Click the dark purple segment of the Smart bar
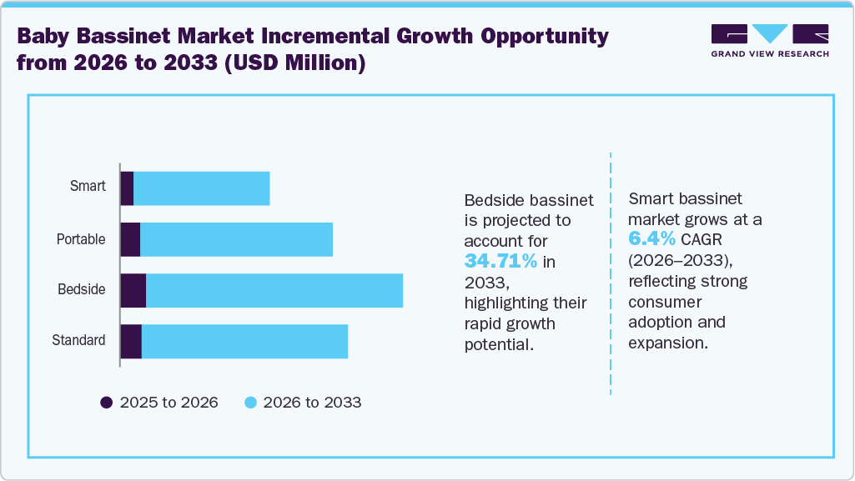click(x=127, y=188)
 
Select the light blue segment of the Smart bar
click(x=201, y=188)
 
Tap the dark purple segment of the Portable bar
click(x=130, y=239)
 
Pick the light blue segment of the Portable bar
click(x=236, y=239)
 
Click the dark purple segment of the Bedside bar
click(x=133, y=289)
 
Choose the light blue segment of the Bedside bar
click(x=274, y=289)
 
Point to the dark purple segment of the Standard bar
click(x=131, y=340)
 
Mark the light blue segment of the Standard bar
click(x=244, y=340)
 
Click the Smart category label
click(x=88, y=186)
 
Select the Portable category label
click(x=81, y=239)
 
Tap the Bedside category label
click(x=82, y=289)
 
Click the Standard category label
click(x=78, y=340)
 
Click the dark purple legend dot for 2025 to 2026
click(x=106, y=403)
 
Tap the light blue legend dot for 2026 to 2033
click(x=249, y=403)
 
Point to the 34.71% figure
click(x=500, y=262)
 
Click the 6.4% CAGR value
click(x=651, y=240)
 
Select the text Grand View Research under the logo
click(x=770, y=54)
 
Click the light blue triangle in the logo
click(x=770, y=33)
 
